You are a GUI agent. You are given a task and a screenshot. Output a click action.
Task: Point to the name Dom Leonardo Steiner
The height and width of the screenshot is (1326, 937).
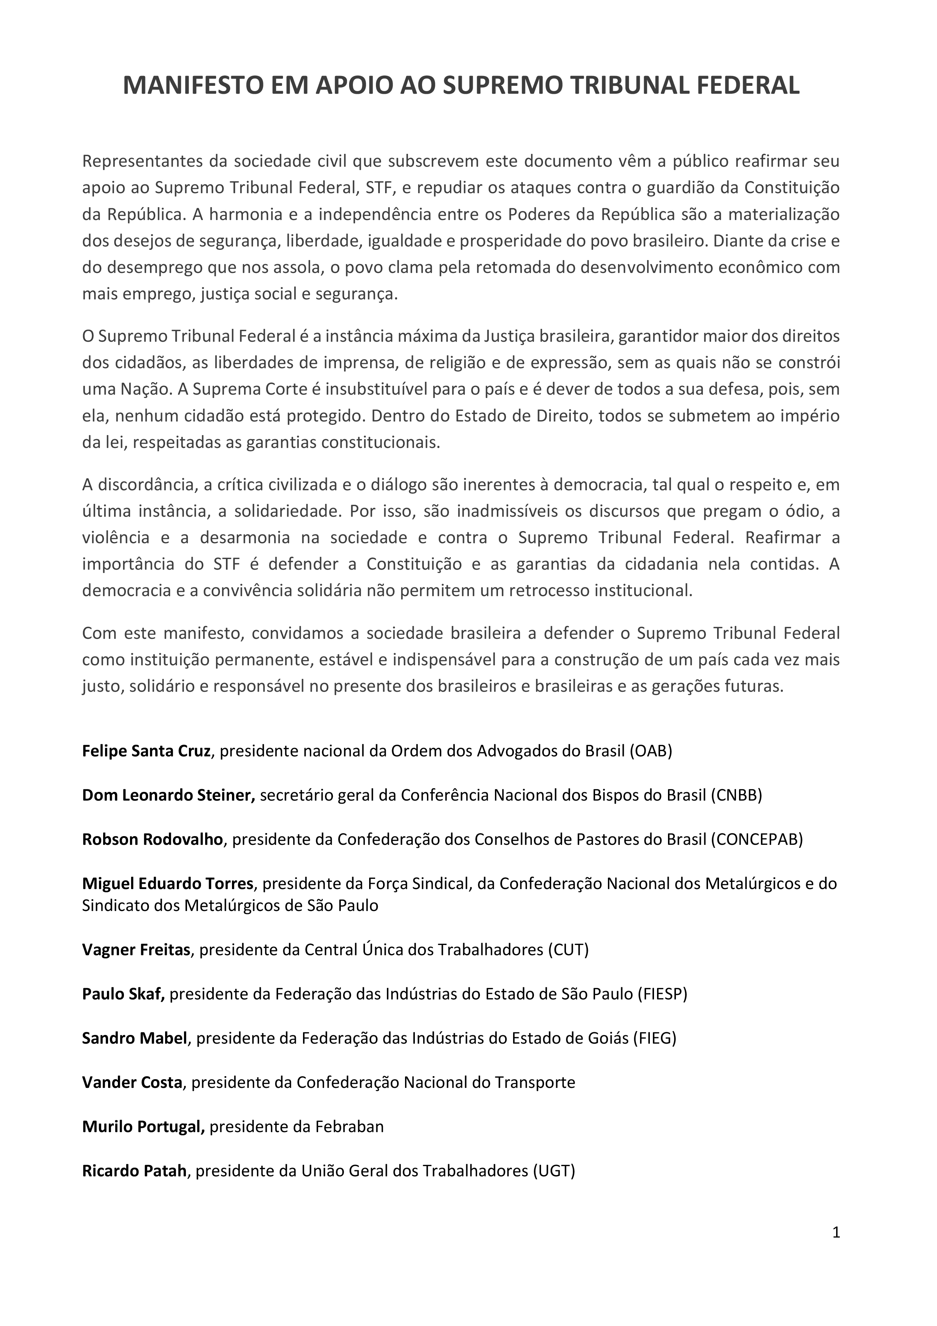169,795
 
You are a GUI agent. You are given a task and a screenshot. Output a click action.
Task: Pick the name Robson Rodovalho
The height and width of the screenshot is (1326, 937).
152,839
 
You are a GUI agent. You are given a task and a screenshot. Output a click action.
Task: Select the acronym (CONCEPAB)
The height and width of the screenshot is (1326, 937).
757,839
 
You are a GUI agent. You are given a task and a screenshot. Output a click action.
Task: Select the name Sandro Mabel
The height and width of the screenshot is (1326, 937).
135,1038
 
